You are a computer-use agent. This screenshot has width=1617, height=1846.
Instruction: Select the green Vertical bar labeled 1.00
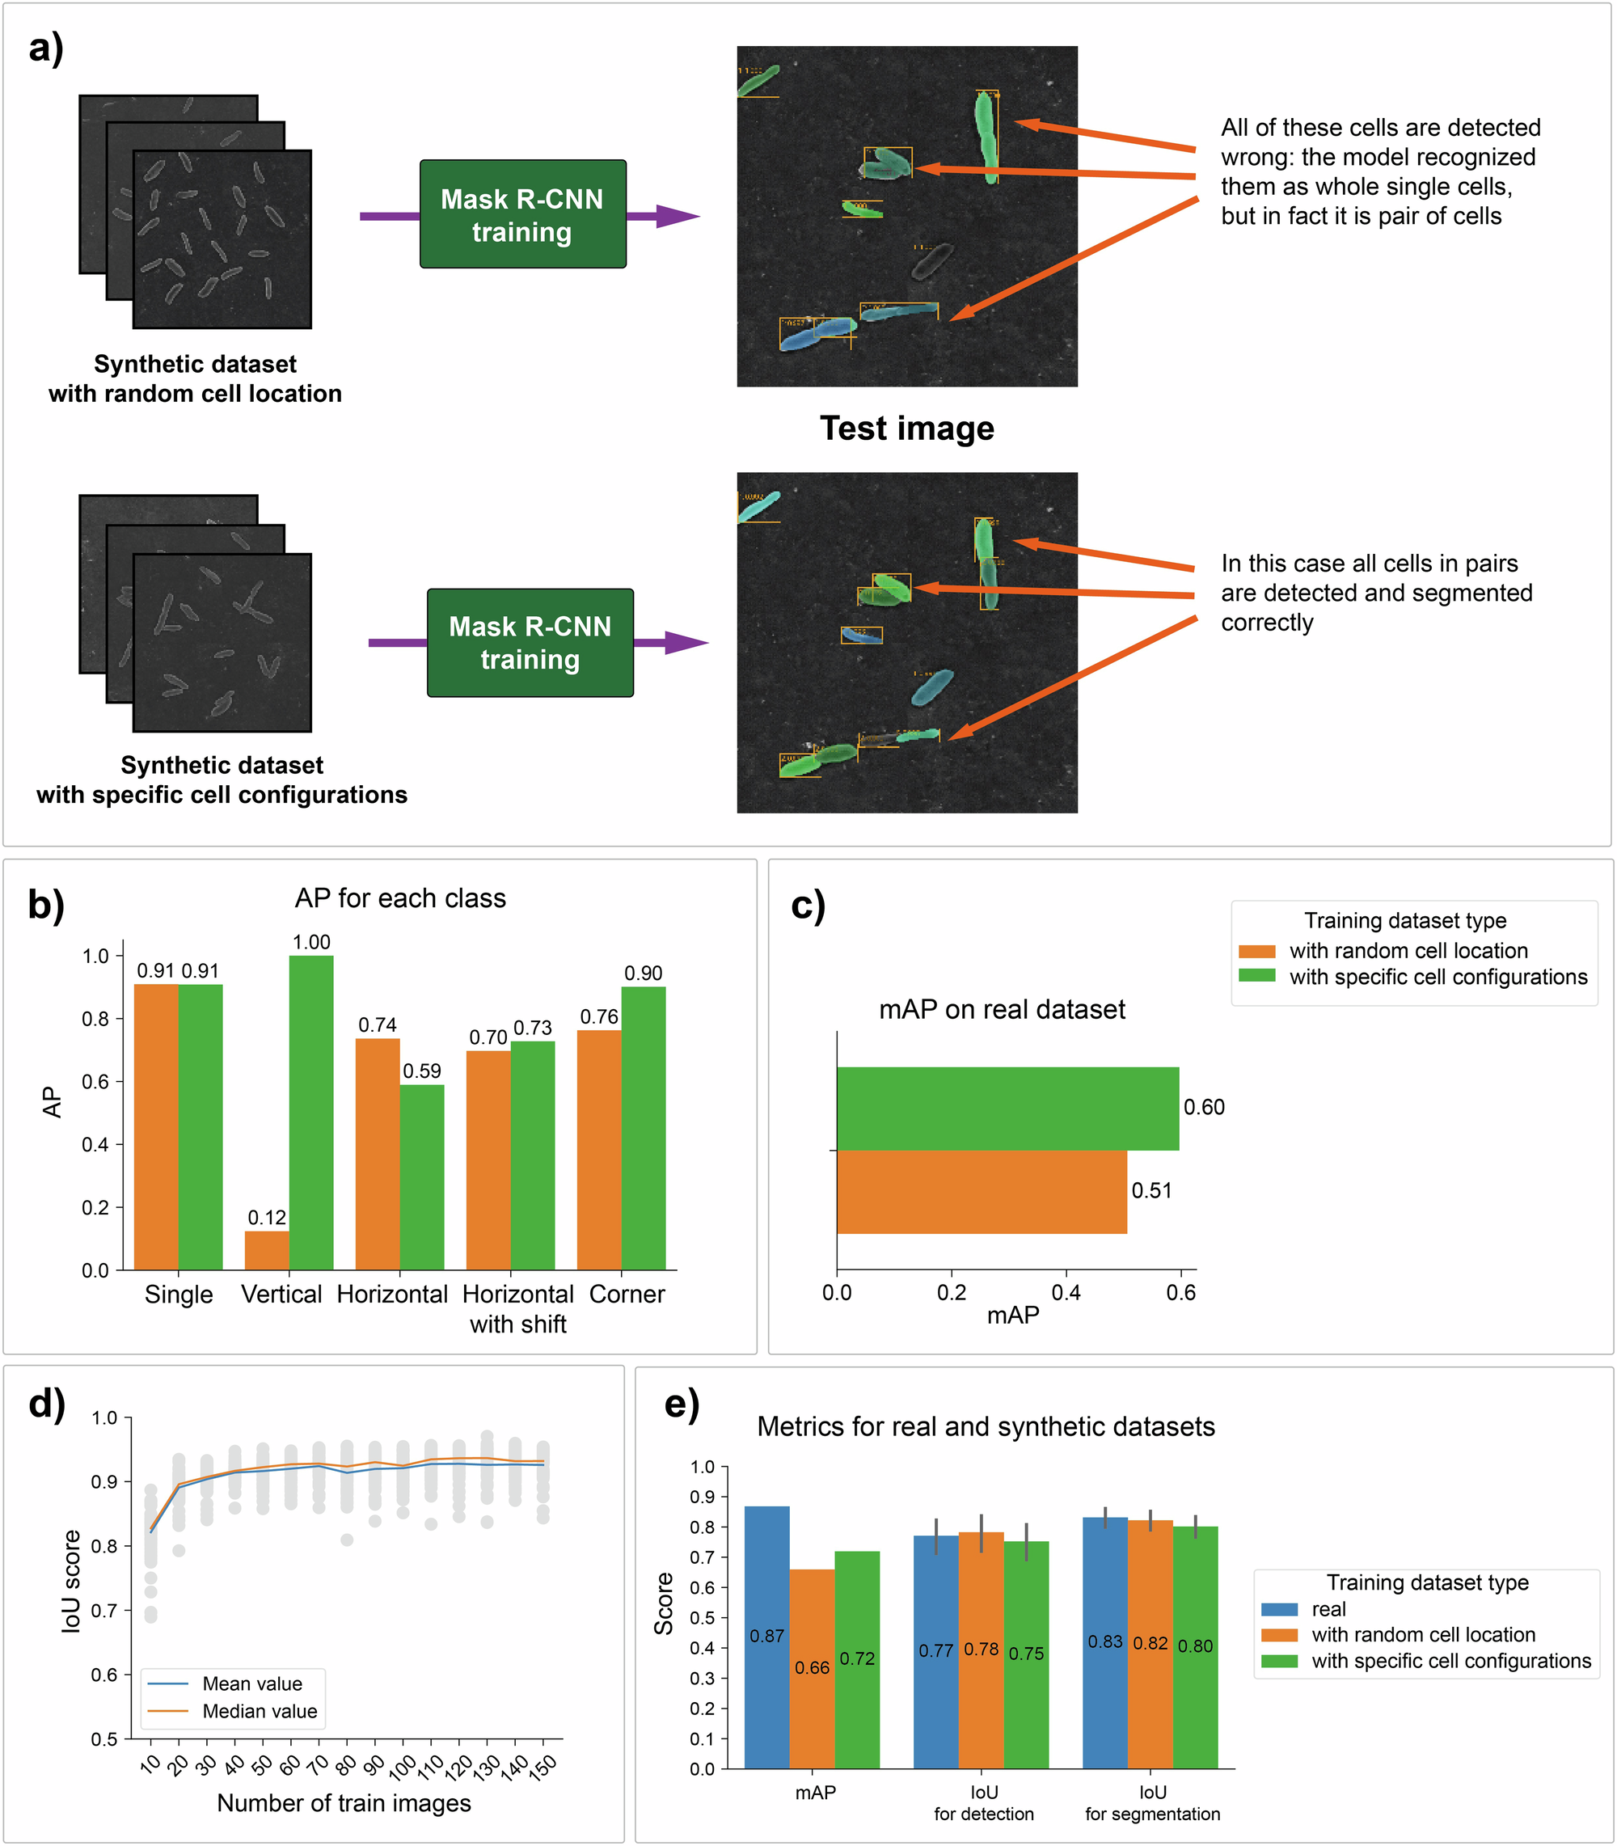tap(310, 1112)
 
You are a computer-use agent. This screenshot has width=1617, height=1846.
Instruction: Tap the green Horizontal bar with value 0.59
tap(421, 1176)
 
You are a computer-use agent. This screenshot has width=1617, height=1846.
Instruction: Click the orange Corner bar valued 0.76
tap(598, 1150)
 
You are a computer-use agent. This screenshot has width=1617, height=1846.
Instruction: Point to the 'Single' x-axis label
tap(179, 1294)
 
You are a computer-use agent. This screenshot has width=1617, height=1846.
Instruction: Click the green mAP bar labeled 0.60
tap(1007, 1108)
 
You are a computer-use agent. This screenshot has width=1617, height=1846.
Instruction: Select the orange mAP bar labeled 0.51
tap(981, 1191)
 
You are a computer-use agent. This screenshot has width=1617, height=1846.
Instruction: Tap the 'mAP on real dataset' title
tap(1002, 1009)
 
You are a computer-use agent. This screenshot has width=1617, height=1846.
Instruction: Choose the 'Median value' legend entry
tap(259, 1711)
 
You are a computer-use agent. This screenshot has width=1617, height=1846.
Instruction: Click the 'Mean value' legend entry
tap(251, 1683)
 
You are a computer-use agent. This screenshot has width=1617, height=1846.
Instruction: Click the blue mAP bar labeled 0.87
tap(766, 1637)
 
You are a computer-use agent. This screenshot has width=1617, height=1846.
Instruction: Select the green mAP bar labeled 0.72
tap(856, 1659)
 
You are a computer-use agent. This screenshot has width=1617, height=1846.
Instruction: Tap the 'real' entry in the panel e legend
tap(1328, 1609)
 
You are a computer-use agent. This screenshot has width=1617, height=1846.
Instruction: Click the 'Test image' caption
tap(906, 428)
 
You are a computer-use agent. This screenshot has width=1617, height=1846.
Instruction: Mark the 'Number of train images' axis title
tap(344, 1802)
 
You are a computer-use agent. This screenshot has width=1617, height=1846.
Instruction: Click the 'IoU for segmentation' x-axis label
tap(1152, 1802)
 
